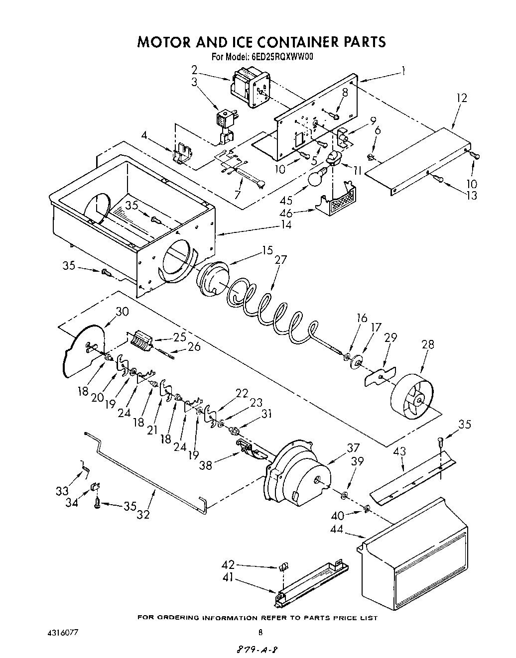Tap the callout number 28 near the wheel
[x=427, y=344]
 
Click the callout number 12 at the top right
[x=462, y=98]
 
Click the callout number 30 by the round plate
[x=122, y=312]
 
